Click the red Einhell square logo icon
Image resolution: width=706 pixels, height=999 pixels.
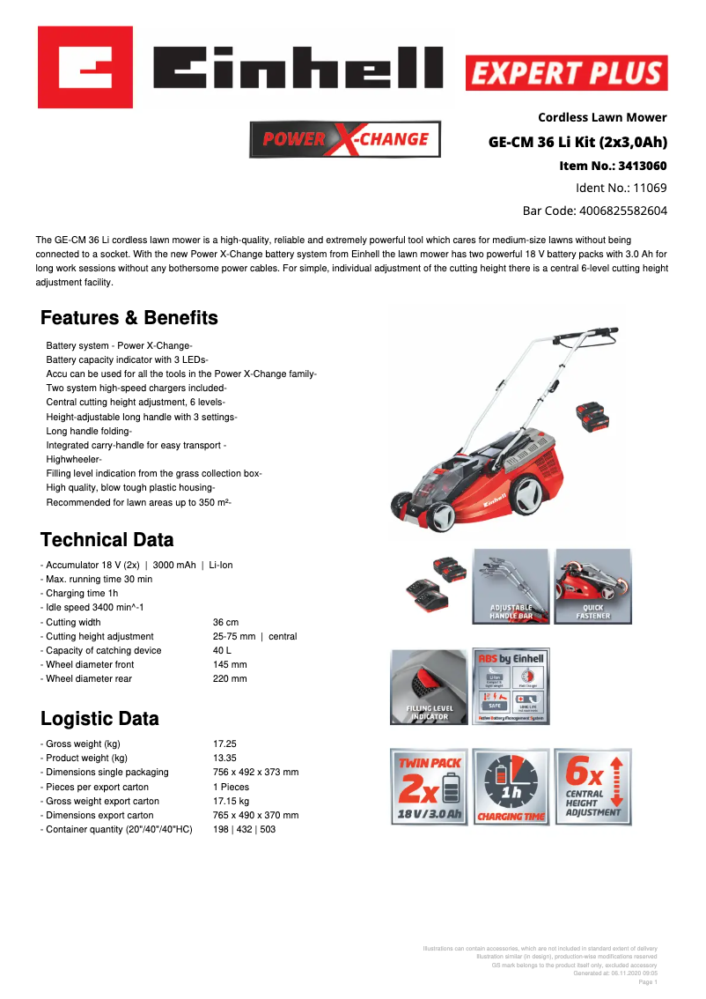pyautogui.click(x=85, y=67)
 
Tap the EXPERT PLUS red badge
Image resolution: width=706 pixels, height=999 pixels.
pyautogui.click(x=566, y=73)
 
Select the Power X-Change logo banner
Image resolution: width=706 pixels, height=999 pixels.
pyautogui.click(x=345, y=139)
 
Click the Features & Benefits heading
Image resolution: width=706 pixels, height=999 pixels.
pyautogui.click(x=129, y=318)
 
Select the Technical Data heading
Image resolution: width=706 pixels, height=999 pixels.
pyautogui.click(x=107, y=540)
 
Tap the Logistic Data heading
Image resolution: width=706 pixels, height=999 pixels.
pyautogui.click(x=99, y=718)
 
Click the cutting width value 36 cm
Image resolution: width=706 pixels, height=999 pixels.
pyautogui.click(x=225, y=622)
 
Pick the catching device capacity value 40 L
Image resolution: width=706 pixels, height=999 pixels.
pyautogui.click(x=223, y=650)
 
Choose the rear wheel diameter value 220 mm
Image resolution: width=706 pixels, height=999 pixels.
pyautogui.click(x=230, y=678)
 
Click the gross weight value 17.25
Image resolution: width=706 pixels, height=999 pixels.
pyautogui.click(x=224, y=744)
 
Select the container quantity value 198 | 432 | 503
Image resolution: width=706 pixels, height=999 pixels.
pyautogui.click(x=244, y=829)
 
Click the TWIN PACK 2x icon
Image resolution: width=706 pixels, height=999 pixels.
pyautogui.click(x=429, y=787)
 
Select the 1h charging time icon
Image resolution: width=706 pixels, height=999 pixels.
pyautogui.click(x=511, y=787)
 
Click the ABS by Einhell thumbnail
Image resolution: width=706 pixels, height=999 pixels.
pyautogui.click(x=511, y=686)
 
